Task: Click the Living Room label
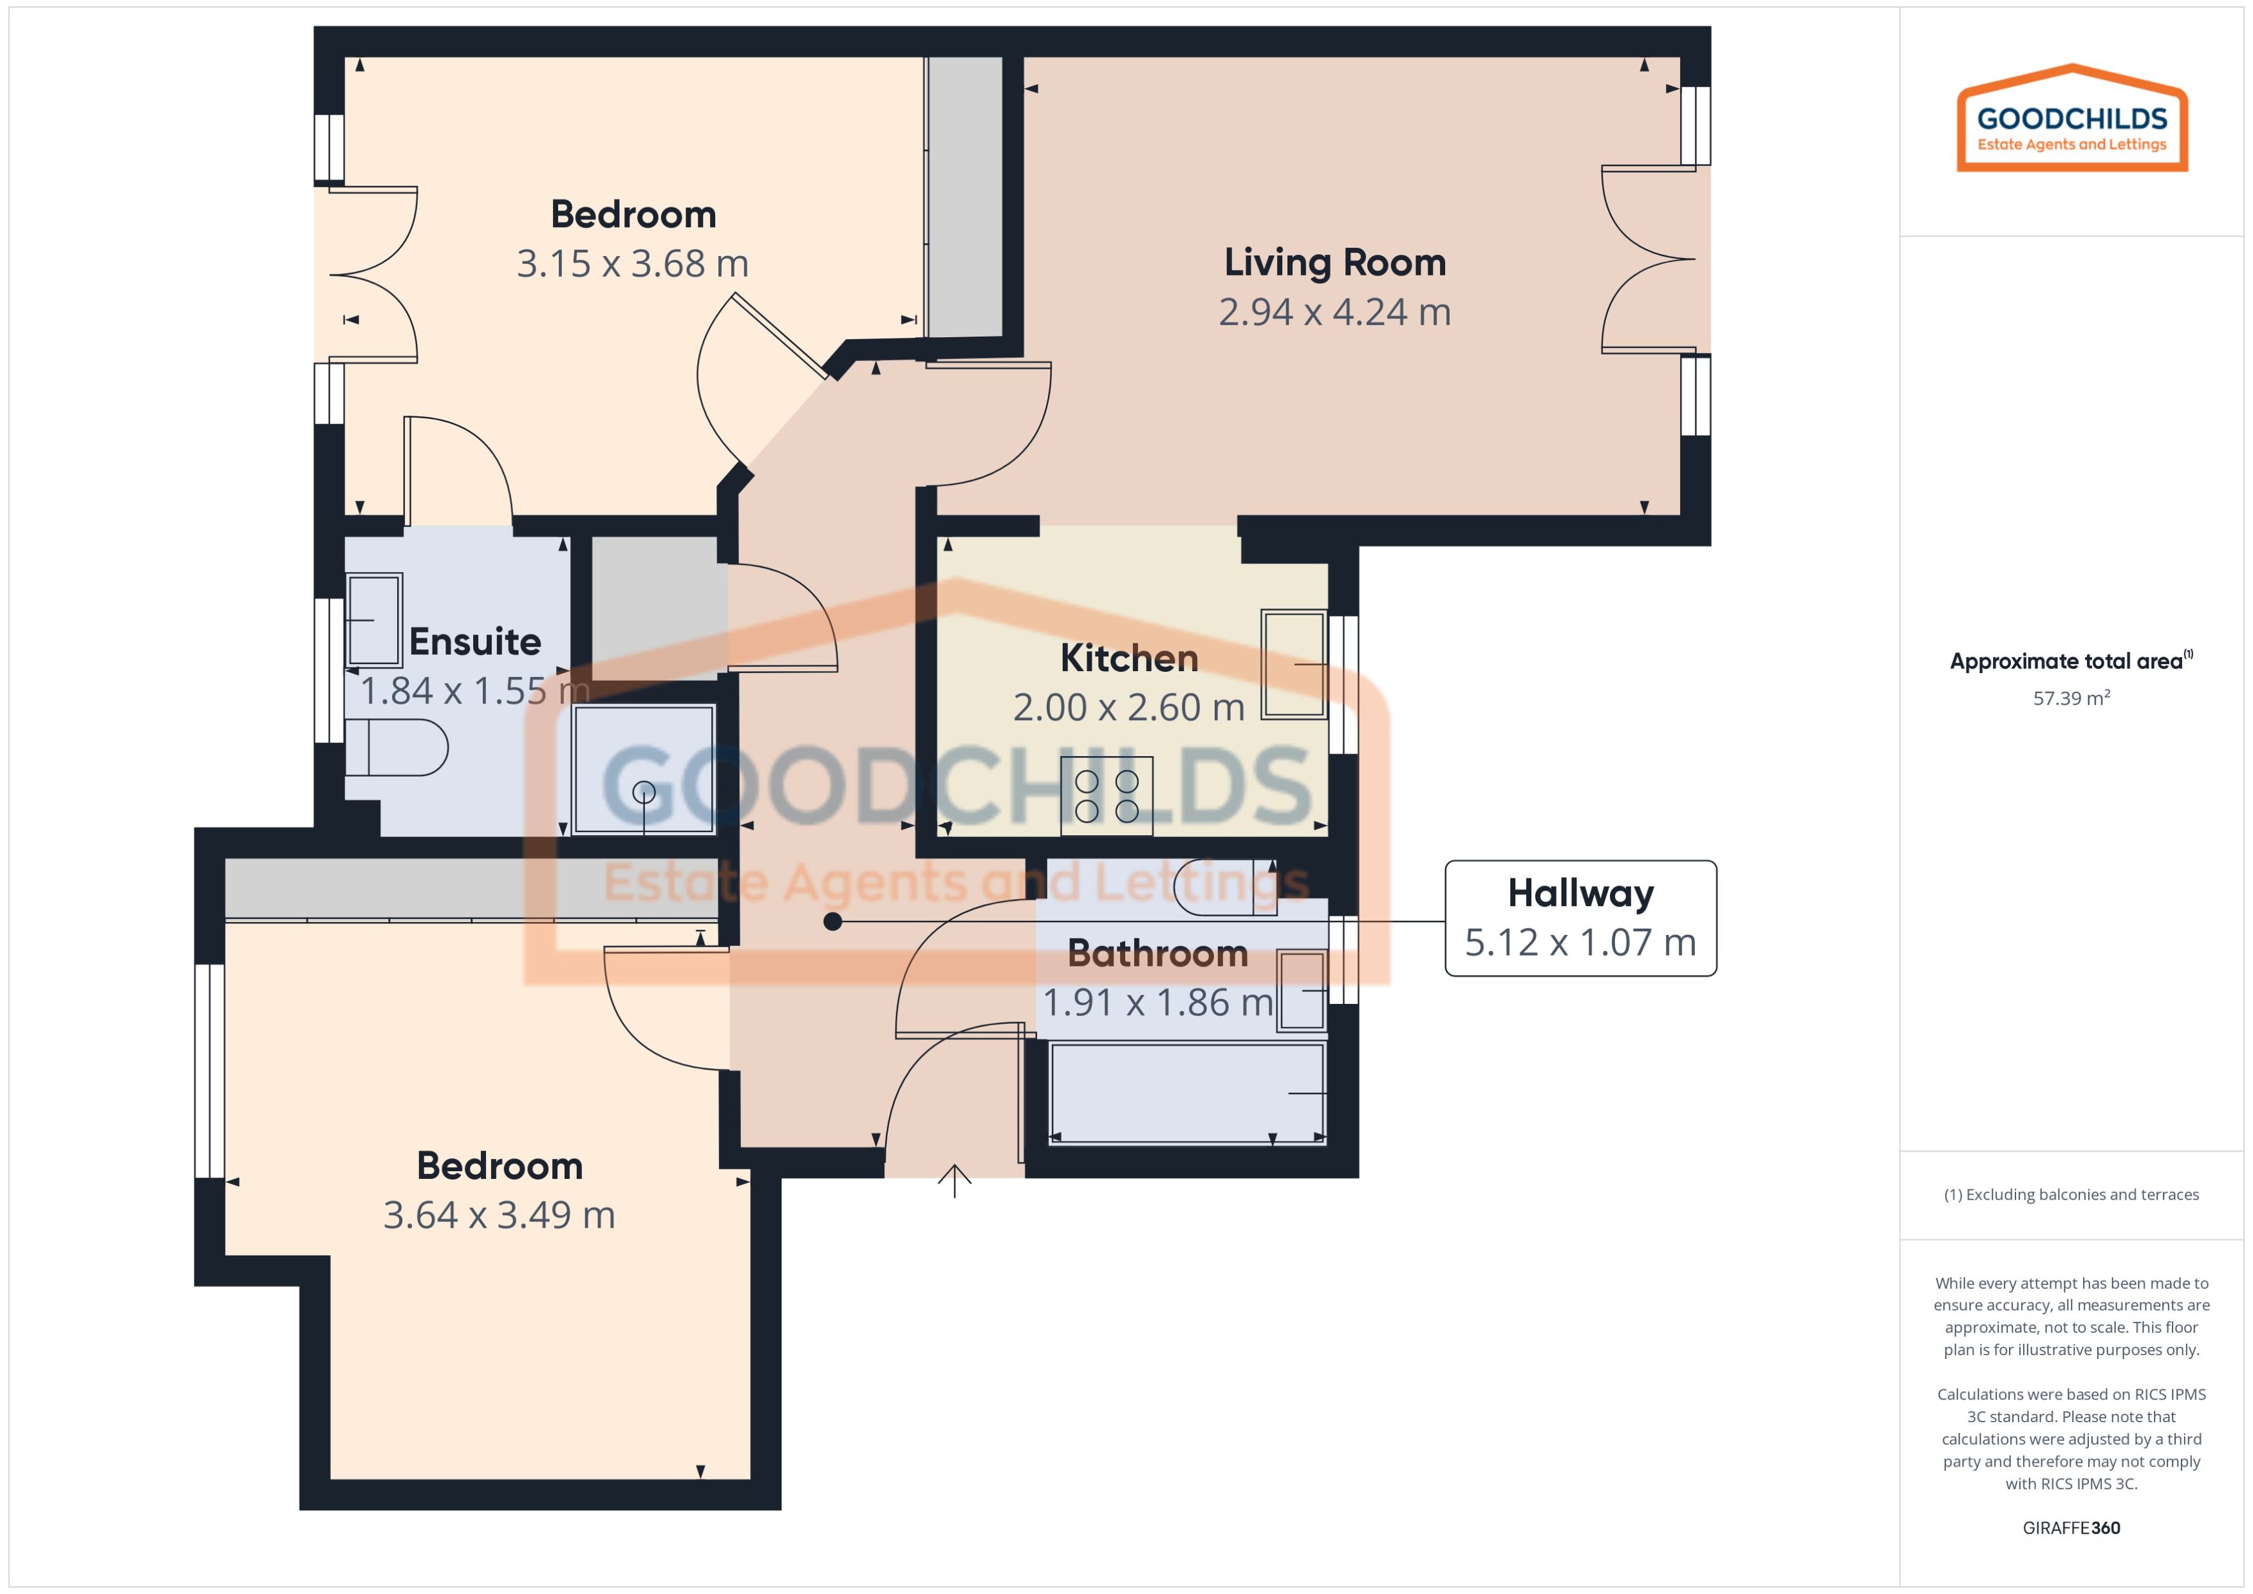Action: tap(1334, 263)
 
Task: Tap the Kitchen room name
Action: tap(1129, 658)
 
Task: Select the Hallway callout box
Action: tap(1580, 918)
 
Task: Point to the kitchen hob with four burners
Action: tap(1107, 796)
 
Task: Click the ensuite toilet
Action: tap(396, 748)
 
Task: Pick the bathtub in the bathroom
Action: tap(1187, 1093)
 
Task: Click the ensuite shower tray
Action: tap(644, 770)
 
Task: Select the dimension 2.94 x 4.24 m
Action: tap(1334, 312)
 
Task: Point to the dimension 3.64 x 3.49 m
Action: tap(499, 1215)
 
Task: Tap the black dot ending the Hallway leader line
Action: tap(832, 922)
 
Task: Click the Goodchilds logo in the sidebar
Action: tap(2071, 120)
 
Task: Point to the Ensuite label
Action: tap(475, 642)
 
